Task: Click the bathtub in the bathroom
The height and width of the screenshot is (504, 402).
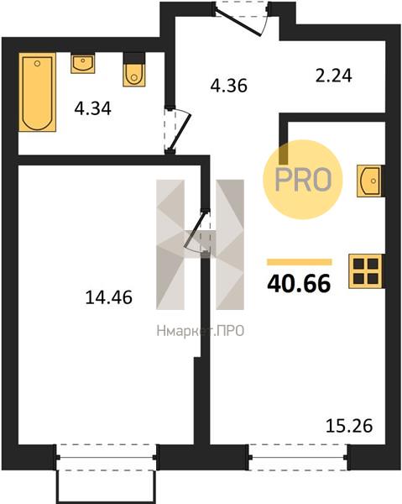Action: pyautogui.click(x=37, y=92)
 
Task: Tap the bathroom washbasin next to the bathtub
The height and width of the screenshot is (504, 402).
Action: pyautogui.click(x=83, y=64)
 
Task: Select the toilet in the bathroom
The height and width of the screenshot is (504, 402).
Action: pyautogui.click(x=134, y=70)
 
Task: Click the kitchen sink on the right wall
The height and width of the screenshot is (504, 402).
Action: pyautogui.click(x=369, y=181)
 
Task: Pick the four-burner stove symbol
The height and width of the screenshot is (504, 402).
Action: pyautogui.click(x=365, y=271)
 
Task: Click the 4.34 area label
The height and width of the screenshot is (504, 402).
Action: pyautogui.click(x=93, y=108)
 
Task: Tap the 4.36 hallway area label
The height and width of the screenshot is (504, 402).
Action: pyautogui.click(x=228, y=86)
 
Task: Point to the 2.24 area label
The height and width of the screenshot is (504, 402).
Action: pyautogui.click(x=334, y=76)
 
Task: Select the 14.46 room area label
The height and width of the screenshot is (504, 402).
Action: pyautogui.click(x=109, y=297)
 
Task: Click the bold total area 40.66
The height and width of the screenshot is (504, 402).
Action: pyautogui.click(x=299, y=284)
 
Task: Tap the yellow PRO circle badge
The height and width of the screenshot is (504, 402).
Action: pyautogui.click(x=303, y=180)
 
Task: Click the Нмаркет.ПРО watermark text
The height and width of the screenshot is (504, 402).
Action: pyautogui.click(x=201, y=331)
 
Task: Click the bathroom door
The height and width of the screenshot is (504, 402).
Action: pyautogui.click(x=177, y=129)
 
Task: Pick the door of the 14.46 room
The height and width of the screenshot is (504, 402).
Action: pyautogui.click(x=197, y=232)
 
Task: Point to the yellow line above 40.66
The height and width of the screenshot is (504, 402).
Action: pyautogui.click(x=300, y=262)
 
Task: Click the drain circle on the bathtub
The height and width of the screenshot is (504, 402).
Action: pyautogui.click(x=37, y=64)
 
